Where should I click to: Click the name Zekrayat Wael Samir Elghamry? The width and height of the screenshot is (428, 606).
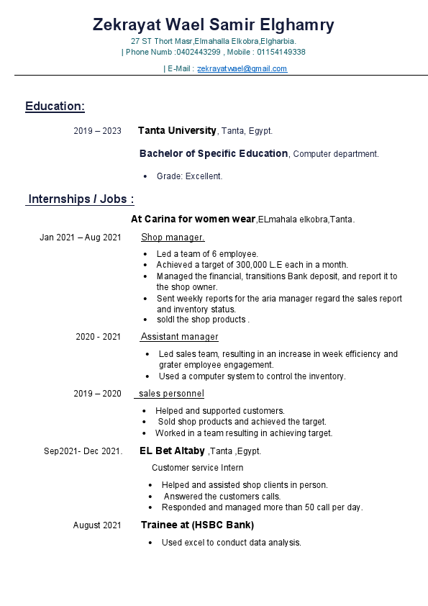pyautogui.click(x=214, y=25)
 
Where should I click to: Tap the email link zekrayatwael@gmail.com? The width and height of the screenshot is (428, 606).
pyautogui.click(x=242, y=69)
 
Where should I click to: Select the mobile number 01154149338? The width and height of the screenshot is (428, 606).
pyautogui.click(x=282, y=53)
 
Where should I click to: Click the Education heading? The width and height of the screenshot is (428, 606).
pyautogui.click(x=55, y=107)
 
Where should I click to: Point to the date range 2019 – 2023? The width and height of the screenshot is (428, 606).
pyautogui.click(x=97, y=131)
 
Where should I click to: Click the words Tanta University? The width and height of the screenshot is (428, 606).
pyautogui.click(x=177, y=131)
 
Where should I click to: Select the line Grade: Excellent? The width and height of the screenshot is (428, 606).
pyautogui.click(x=189, y=176)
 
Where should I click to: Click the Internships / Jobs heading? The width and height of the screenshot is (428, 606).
pyautogui.click(x=81, y=199)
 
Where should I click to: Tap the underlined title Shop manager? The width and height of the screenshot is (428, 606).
pyautogui.click(x=173, y=238)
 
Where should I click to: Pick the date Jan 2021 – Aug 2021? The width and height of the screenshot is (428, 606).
pyautogui.click(x=80, y=238)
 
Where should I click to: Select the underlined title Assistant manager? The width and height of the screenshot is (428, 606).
pyautogui.click(x=179, y=337)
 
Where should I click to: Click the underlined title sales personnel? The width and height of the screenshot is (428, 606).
pyautogui.click(x=171, y=394)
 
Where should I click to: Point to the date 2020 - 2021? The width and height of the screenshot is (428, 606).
pyautogui.click(x=98, y=337)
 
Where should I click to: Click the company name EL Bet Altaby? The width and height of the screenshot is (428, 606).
pyautogui.click(x=172, y=451)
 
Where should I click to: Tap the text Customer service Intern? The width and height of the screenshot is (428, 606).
pyautogui.click(x=197, y=468)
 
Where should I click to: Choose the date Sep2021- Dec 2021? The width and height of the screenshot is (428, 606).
pyautogui.click(x=83, y=451)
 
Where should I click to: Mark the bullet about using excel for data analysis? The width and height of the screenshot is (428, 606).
pyautogui.click(x=231, y=543)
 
